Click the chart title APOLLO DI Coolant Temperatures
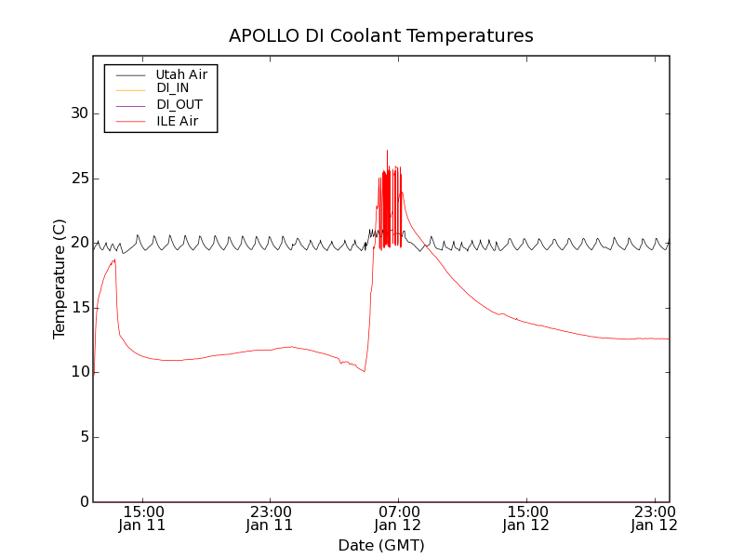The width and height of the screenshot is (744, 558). (x=381, y=36)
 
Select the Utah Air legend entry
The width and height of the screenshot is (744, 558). (x=181, y=73)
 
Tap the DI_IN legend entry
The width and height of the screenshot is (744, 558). (x=173, y=88)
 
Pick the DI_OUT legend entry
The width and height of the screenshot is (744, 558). (x=179, y=104)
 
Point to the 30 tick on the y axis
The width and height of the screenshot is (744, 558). (x=80, y=113)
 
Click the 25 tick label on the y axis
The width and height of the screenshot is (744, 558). (x=80, y=179)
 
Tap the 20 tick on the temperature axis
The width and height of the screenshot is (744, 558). (x=80, y=243)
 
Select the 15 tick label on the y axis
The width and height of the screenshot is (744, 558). (x=80, y=308)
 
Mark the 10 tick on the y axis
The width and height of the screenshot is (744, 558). (x=80, y=372)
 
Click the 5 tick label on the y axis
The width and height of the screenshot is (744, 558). (x=84, y=437)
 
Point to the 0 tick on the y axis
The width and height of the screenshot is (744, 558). (x=84, y=502)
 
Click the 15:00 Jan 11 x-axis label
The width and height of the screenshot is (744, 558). (x=142, y=518)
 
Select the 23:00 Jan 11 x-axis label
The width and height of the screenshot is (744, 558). (x=270, y=518)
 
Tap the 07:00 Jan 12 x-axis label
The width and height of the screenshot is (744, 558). (x=398, y=518)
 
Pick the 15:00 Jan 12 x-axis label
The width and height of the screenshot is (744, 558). (x=526, y=518)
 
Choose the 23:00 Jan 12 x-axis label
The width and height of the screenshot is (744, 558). (x=655, y=518)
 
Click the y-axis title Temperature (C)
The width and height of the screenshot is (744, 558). (x=60, y=279)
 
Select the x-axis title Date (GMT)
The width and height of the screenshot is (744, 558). (x=381, y=545)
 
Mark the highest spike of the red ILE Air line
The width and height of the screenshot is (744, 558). (x=387, y=151)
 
